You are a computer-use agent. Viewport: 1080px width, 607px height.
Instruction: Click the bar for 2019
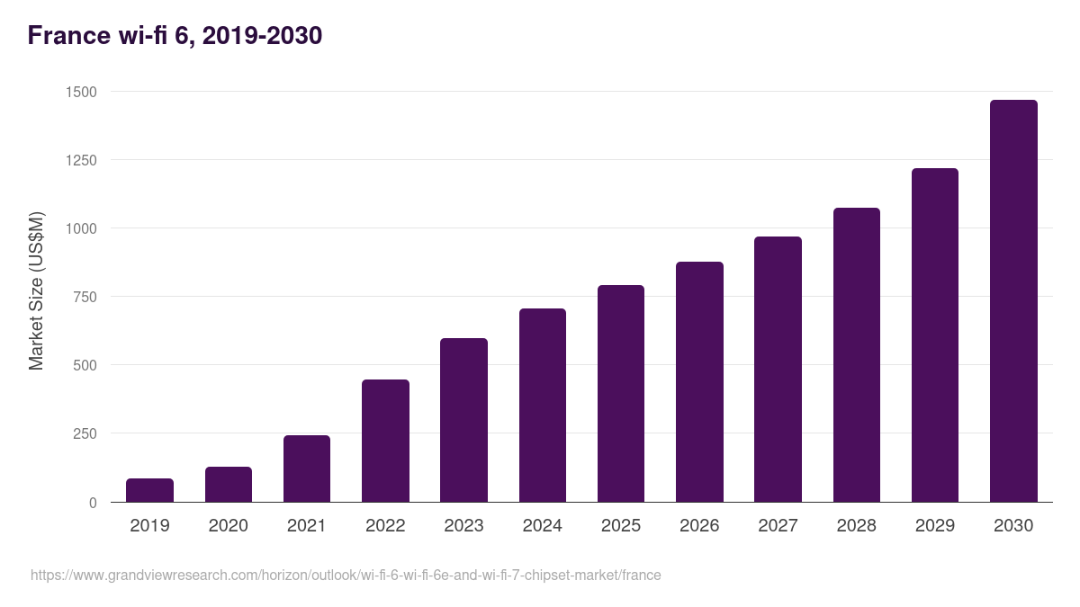pyautogui.click(x=149, y=490)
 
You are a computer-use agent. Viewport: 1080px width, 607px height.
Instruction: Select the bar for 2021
pyautogui.click(x=307, y=469)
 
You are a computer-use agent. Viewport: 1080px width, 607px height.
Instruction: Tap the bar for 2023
pyautogui.click(x=463, y=420)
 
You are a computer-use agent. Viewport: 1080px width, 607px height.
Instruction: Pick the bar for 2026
pyautogui.click(x=699, y=382)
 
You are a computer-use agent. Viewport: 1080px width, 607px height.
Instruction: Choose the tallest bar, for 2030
pyautogui.click(x=1013, y=301)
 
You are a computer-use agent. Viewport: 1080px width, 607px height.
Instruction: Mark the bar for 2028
pyautogui.click(x=856, y=355)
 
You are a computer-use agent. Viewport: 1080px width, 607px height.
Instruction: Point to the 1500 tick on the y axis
pyautogui.click(x=81, y=92)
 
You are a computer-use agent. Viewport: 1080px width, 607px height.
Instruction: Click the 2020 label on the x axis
pyautogui.click(x=228, y=526)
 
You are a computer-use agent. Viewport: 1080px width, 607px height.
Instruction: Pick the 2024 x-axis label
pyautogui.click(x=542, y=526)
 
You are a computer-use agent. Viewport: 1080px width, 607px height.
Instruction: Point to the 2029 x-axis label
pyautogui.click(x=934, y=526)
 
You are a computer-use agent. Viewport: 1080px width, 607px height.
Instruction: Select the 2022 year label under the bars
pyautogui.click(x=385, y=526)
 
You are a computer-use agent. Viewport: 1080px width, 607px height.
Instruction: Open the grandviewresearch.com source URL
pyautogui.click(x=346, y=575)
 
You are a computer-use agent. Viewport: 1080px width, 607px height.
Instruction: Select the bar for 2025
pyautogui.click(x=621, y=394)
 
